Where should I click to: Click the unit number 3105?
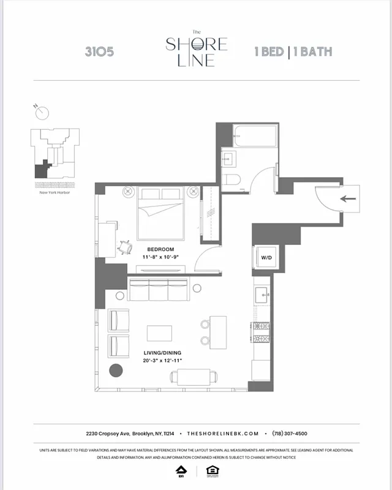[99, 51]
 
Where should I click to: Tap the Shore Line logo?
[196, 49]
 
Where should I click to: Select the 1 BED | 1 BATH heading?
[293, 51]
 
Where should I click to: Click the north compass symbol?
[41, 112]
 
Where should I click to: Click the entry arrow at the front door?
[348, 198]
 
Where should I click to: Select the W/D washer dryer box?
[267, 257]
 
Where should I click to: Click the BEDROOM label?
[160, 249]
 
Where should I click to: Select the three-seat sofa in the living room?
[157, 290]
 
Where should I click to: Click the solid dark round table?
[115, 371]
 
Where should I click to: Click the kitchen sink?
[262, 295]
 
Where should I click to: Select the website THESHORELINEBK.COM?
[223, 433]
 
